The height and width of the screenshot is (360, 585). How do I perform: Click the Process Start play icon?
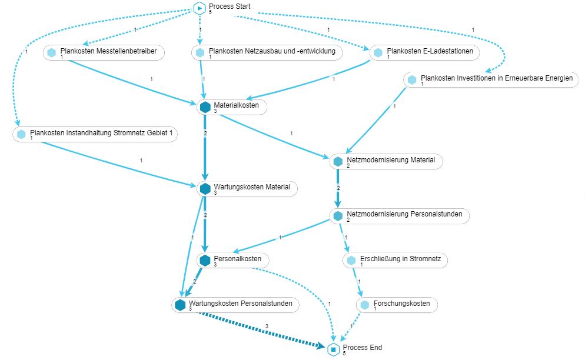pyautogui.click(x=200, y=8)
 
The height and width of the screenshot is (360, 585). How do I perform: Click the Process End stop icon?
pyautogui.click(x=333, y=349)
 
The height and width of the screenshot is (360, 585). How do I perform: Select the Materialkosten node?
pyautogui.click(x=232, y=107)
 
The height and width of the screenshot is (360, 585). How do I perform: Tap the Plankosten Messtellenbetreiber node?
pyautogui.click(x=104, y=53)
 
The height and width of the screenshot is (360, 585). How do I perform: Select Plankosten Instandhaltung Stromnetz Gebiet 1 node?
pyautogui.click(x=94, y=134)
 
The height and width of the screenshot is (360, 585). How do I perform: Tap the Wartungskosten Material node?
pyautogui.click(x=247, y=189)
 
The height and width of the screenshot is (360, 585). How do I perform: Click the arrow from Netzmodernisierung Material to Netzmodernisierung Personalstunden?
pyautogui.click(x=338, y=188)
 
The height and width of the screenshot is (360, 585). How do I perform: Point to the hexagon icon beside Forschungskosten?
pyautogui.click(x=365, y=305)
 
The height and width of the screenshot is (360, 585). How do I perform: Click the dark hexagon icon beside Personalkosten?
pyautogui.click(x=205, y=260)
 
